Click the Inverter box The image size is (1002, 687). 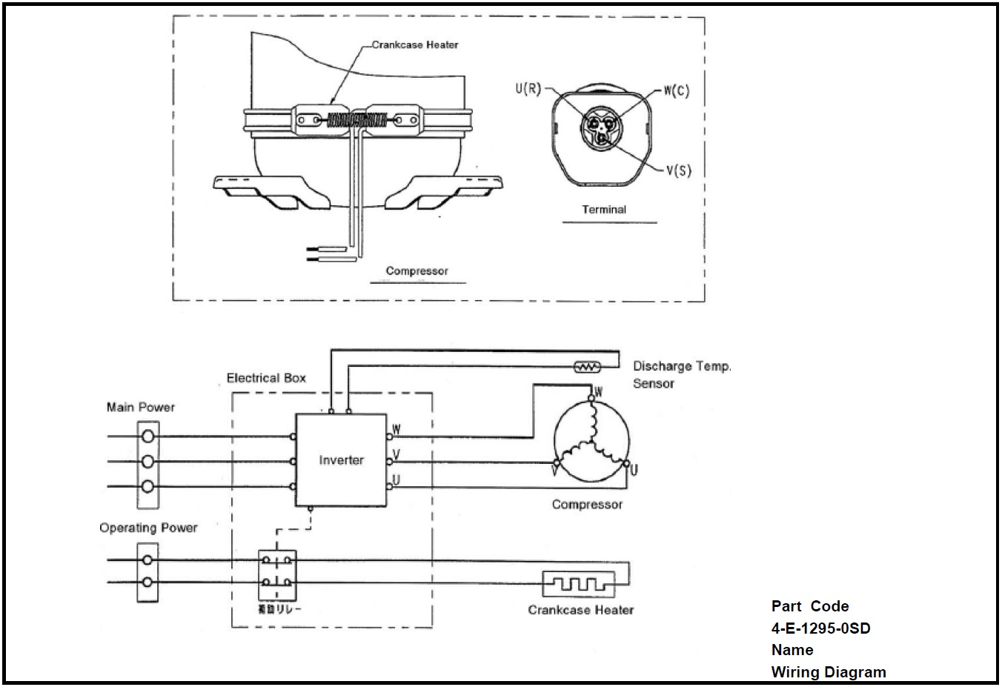click(x=341, y=460)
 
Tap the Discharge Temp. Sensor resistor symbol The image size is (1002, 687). click(x=588, y=366)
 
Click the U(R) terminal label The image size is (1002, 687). click(x=528, y=90)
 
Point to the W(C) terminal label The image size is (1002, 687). click(x=675, y=91)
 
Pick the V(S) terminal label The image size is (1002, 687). click(x=677, y=170)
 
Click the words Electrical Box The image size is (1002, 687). click(x=266, y=378)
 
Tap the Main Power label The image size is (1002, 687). click(x=141, y=407)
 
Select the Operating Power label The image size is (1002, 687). click(x=148, y=528)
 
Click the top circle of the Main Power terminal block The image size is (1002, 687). click(x=148, y=437)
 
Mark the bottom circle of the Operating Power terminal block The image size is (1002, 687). click(x=148, y=583)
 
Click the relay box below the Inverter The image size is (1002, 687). click(x=277, y=575)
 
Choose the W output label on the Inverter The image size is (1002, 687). click(x=397, y=429)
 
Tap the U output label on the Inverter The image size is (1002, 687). click(x=397, y=480)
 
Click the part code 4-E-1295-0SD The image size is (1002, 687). click(x=820, y=628)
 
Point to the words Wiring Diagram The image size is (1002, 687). click(x=828, y=672)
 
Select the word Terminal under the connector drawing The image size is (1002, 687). click(x=603, y=210)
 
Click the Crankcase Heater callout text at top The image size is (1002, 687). click(x=415, y=45)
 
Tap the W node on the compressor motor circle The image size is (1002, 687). click(x=591, y=398)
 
